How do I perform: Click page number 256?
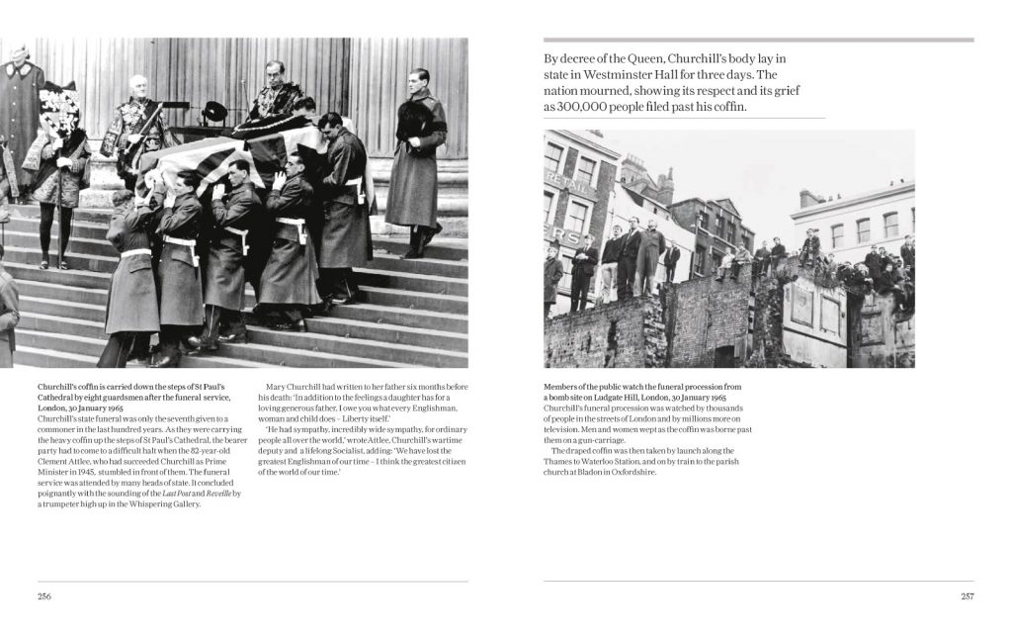pos(44,595)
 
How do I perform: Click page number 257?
pos(967,595)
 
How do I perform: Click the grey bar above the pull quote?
pos(758,41)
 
